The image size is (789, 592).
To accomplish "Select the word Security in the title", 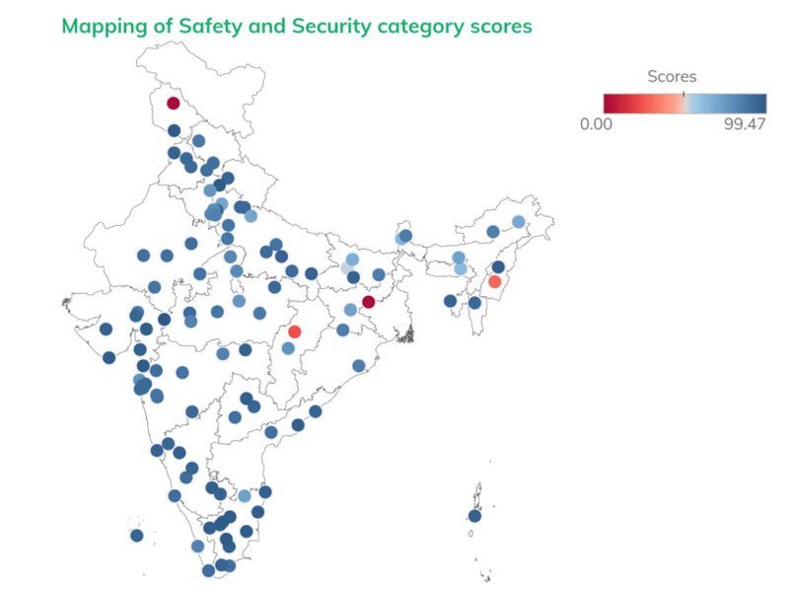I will click(x=330, y=27).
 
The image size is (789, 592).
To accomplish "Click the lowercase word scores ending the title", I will click(x=499, y=27).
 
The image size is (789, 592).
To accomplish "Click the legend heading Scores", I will click(x=672, y=76).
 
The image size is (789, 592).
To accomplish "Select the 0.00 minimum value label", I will click(x=599, y=123).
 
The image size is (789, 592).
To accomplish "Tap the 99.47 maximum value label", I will click(x=745, y=123).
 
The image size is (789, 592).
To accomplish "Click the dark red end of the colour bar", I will click(x=610, y=103).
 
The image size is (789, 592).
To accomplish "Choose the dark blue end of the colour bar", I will click(x=760, y=103).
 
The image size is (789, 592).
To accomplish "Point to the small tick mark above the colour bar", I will click(x=682, y=91).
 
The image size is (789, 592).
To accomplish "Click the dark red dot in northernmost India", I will click(x=174, y=103).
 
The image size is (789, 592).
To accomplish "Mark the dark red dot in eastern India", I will click(x=368, y=302).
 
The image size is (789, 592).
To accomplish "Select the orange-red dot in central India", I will click(x=294, y=332).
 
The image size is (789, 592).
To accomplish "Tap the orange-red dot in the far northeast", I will click(x=495, y=282).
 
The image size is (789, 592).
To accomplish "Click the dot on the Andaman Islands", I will click(x=474, y=516).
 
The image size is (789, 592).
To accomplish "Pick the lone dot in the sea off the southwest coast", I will click(x=137, y=536).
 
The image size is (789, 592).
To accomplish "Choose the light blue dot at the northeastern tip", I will click(x=519, y=222).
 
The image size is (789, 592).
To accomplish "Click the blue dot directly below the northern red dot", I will click(x=175, y=130).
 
